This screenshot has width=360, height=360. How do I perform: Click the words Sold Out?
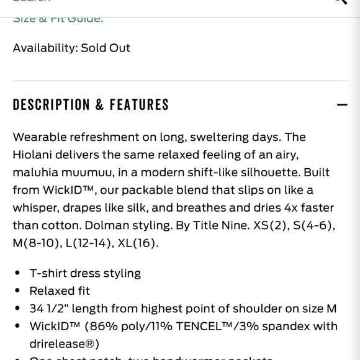tap(106, 48)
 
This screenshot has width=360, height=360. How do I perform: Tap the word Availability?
tap(45, 48)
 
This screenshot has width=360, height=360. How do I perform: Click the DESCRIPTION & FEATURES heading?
tap(91, 104)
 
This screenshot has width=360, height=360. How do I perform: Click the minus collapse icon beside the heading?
tap(342, 104)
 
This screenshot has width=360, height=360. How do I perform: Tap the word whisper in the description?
tap(35, 207)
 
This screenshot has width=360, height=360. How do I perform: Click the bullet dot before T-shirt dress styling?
tap(16, 273)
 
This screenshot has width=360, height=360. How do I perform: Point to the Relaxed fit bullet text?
tap(60, 290)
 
